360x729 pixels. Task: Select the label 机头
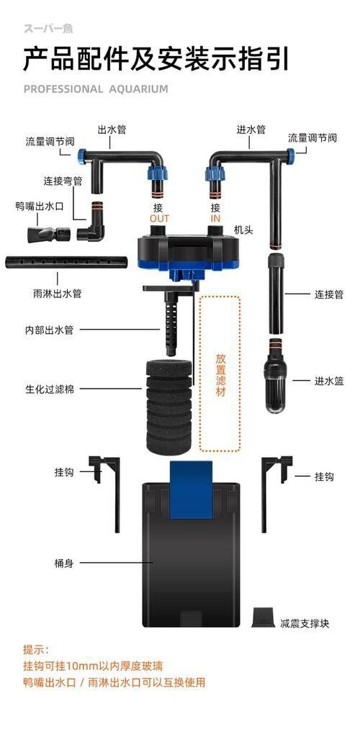point(243,230)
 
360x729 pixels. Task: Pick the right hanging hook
point(275,489)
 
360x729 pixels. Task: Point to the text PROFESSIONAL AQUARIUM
point(96,89)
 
